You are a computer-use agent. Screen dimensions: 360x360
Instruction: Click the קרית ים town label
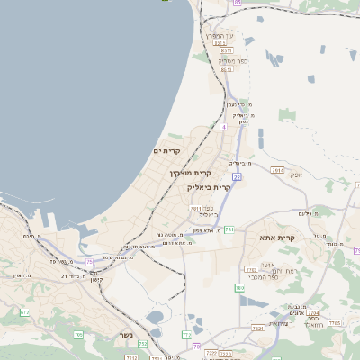(167, 150)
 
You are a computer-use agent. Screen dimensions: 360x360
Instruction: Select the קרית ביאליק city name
(209, 187)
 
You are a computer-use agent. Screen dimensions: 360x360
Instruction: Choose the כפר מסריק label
(233, 61)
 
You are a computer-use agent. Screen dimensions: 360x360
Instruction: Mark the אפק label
(296, 175)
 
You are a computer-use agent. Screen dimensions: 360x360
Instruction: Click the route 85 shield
(237, 3)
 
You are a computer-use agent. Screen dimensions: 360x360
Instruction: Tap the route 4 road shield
(222, 127)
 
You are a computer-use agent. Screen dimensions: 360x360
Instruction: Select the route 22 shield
(237, 178)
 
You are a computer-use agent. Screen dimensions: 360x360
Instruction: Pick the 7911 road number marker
(194, 208)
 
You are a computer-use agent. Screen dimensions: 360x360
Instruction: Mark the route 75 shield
(90, 262)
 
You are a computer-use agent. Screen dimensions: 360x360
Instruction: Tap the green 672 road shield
(25, 312)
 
